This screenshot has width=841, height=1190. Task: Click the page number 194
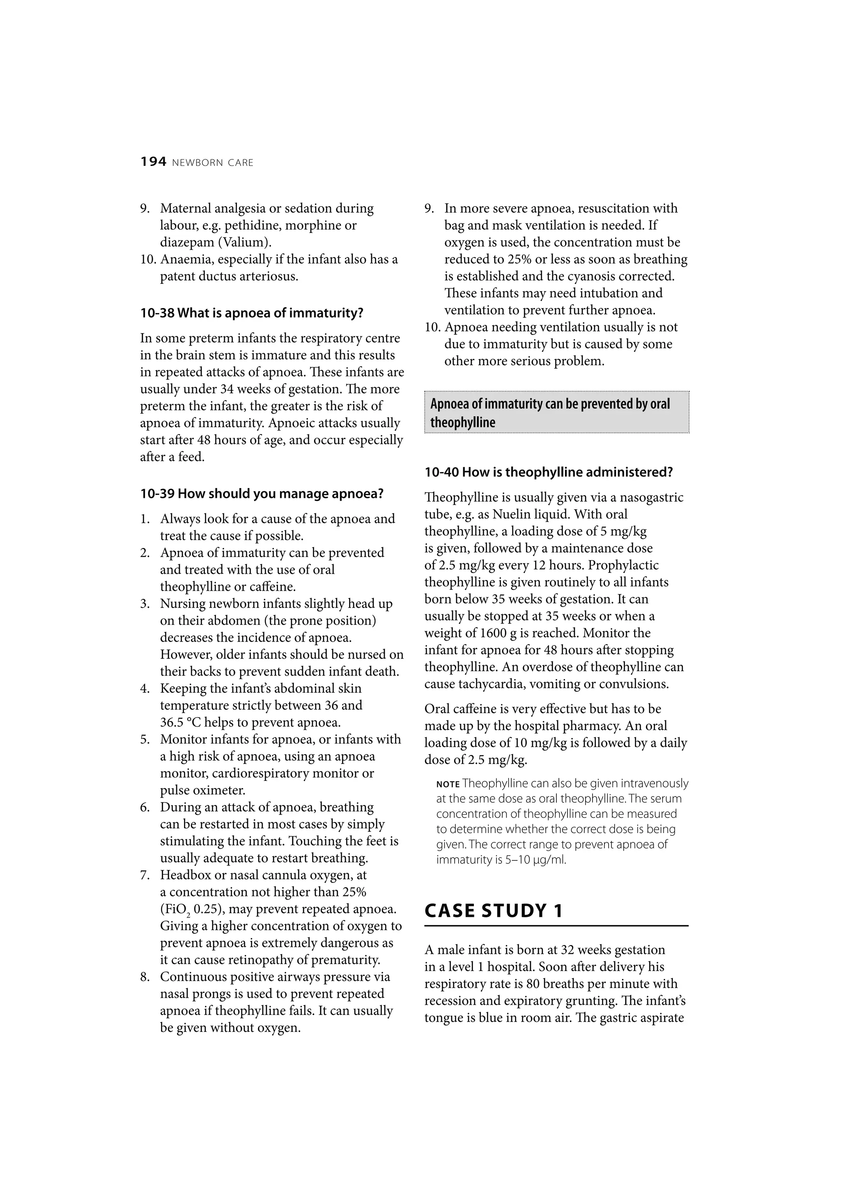coord(154,162)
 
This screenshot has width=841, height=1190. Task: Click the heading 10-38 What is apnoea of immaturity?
coord(252,313)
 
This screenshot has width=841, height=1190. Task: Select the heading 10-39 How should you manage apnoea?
coord(262,493)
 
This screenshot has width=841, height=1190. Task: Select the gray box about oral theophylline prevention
coord(556,412)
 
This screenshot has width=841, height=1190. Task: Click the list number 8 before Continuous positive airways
coord(145,977)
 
